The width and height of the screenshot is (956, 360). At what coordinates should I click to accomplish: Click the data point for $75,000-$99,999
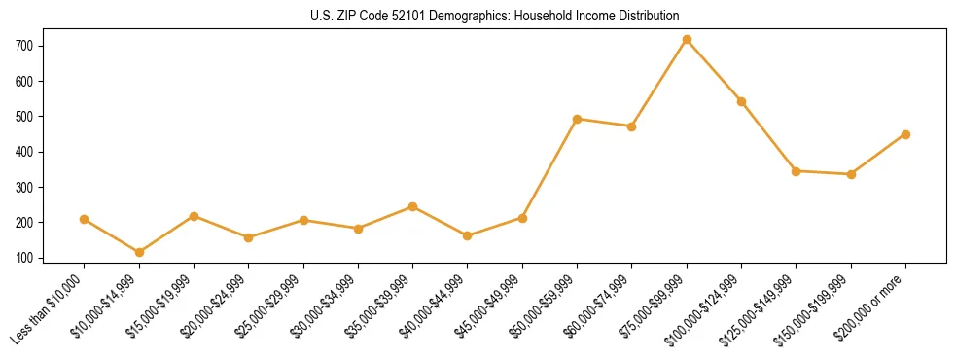tap(687, 40)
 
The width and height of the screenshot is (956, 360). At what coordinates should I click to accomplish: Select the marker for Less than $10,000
tap(85, 220)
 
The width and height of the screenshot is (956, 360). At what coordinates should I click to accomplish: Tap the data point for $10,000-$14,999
tap(139, 253)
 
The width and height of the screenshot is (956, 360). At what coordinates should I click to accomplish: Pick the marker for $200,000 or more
tap(905, 134)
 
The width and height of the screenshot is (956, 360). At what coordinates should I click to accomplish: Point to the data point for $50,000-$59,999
tap(578, 119)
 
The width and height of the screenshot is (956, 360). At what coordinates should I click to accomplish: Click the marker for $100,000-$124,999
tap(741, 101)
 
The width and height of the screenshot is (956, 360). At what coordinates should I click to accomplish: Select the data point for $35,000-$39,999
tap(413, 206)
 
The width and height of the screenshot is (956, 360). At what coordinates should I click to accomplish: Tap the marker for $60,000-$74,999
tap(632, 126)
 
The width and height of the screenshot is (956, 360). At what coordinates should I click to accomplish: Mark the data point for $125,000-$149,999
tap(797, 171)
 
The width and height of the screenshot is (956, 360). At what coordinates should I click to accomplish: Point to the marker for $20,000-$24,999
tap(249, 237)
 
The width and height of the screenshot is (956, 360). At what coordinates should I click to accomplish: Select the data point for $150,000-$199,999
tap(851, 174)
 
